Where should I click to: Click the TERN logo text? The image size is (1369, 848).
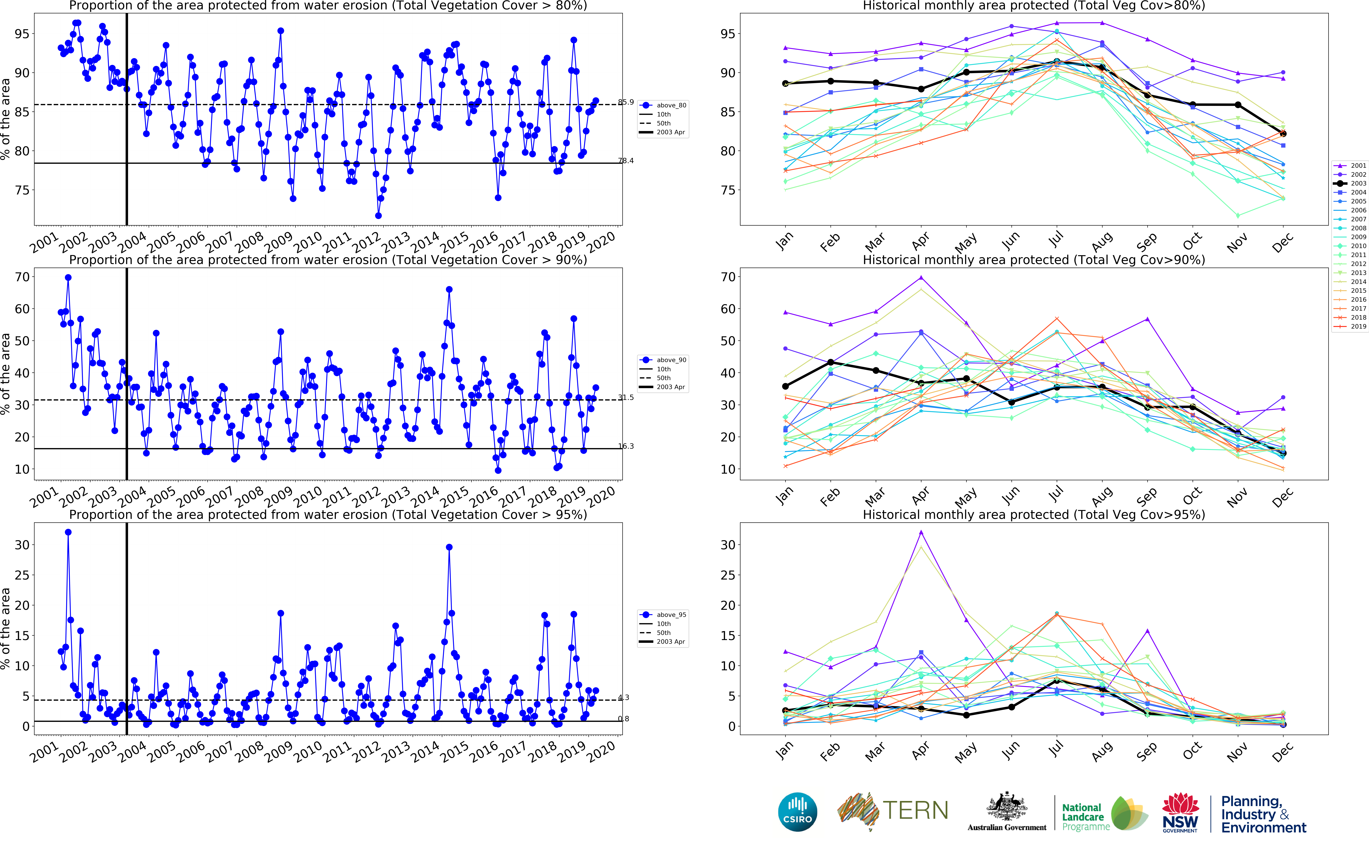(915, 810)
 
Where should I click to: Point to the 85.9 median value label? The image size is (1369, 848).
(626, 102)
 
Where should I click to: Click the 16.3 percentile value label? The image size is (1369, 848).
(626, 446)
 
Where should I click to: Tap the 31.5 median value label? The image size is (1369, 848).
(626, 398)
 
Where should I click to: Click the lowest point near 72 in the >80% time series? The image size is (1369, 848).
(379, 215)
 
